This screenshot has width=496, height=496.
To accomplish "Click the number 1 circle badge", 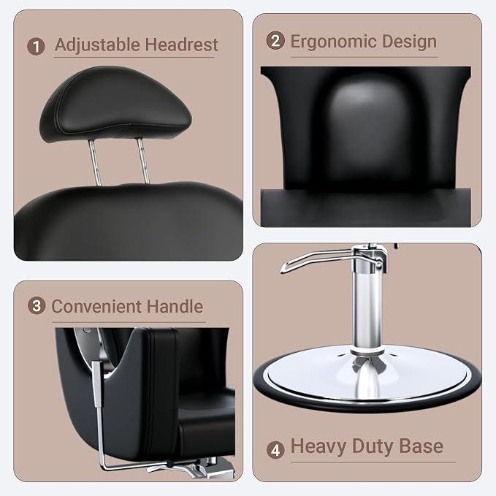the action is [x=36, y=47].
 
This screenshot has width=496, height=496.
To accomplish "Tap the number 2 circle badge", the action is [x=275, y=41].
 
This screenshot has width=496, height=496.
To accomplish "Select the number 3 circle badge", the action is [x=37, y=305].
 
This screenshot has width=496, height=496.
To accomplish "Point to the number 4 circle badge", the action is [x=275, y=449].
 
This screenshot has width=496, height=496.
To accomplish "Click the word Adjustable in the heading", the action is [x=97, y=45].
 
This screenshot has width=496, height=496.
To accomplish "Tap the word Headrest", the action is [x=182, y=45].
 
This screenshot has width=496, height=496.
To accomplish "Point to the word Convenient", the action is [x=96, y=306].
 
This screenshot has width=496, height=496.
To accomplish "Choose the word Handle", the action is [x=175, y=306].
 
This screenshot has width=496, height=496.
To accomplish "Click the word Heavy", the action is [x=318, y=446].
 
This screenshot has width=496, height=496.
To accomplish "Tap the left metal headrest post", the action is [x=95, y=162].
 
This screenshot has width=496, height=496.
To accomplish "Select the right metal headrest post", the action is [x=143, y=161].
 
